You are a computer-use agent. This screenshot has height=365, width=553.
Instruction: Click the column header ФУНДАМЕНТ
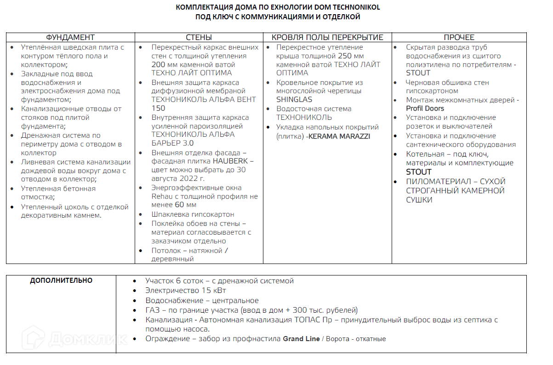tap(70, 37)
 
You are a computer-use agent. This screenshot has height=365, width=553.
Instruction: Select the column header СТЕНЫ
tap(199, 37)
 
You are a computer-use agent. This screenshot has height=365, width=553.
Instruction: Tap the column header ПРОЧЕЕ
tap(459, 37)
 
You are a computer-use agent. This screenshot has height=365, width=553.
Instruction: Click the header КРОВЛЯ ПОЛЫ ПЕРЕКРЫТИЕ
tap(327, 37)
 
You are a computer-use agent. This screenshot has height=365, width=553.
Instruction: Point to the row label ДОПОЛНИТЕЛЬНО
tap(61, 281)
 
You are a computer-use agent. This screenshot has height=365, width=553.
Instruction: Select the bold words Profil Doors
tap(425, 109)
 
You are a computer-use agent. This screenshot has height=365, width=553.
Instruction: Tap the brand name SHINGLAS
tap(294, 100)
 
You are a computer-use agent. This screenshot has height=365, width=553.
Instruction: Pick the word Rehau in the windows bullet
tap(161, 197)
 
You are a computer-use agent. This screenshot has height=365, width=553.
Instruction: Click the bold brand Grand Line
tap(301, 339)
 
